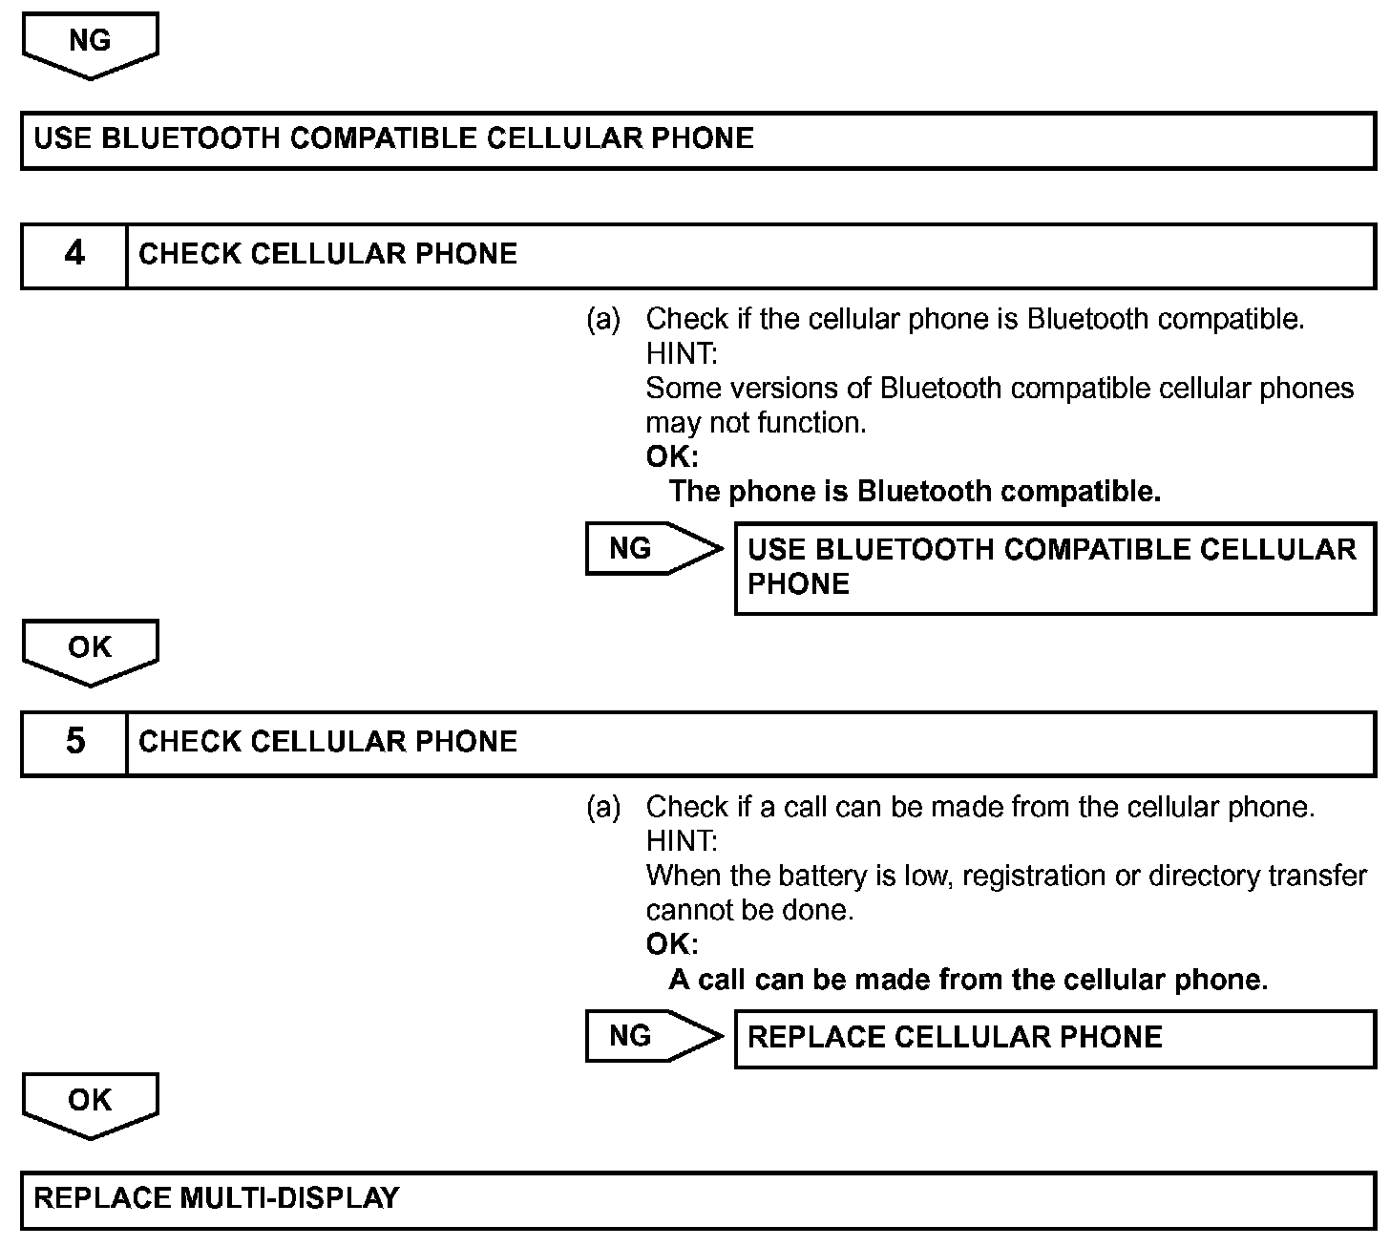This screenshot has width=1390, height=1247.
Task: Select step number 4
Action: coord(74,254)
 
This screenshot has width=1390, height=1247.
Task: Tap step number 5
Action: coord(74,742)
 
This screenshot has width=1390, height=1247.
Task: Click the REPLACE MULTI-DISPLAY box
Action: coord(697,1198)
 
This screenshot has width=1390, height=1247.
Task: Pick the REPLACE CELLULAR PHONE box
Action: coord(1054,1038)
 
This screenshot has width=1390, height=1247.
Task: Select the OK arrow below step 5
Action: coord(90,1104)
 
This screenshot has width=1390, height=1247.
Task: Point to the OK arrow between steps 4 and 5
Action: coord(90,651)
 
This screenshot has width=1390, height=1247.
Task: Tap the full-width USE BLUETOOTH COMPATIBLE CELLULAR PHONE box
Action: coord(697,139)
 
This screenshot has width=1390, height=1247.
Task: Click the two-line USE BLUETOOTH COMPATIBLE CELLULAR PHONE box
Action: coord(1054,567)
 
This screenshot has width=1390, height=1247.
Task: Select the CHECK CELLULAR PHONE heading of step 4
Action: coord(327,254)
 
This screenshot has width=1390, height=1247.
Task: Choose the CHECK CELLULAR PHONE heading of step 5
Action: coord(327,742)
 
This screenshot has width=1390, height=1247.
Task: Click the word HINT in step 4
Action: coord(681,354)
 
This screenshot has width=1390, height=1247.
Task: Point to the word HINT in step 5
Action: coord(681,842)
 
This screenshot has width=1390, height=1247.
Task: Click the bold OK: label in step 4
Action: coord(672,456)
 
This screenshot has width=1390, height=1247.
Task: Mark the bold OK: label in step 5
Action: coord(672,944)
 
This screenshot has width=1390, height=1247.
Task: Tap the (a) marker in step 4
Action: coord(603,319)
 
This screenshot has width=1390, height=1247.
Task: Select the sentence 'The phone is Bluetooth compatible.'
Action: coord(915,492)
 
